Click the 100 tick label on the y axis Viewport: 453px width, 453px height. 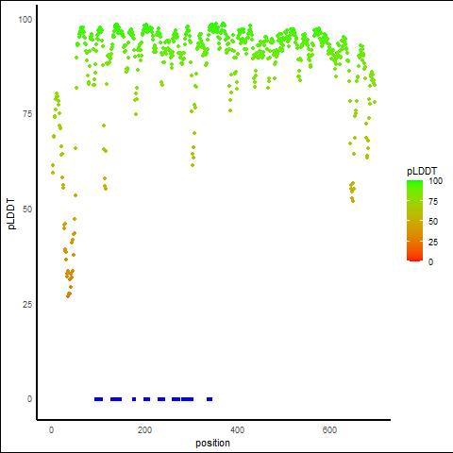click(x=25, y=20)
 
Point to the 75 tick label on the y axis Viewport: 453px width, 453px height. click(x=27, y=114)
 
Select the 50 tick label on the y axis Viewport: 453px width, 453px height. click(x=27, y=210)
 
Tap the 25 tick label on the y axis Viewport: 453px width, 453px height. click(x=27, y=304)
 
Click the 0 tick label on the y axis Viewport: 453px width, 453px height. click(x=29, y=399)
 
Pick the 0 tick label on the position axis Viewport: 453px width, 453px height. click(x=51, y=429)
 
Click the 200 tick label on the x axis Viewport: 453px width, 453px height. click(x=144, y=429)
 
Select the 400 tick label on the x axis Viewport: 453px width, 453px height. click(x=237, y=429)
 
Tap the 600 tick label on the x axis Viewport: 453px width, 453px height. click(x=329, y=429)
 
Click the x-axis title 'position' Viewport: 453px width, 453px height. click(x=212, y=443)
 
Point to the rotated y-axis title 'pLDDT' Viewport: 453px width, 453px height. click(x=11, y=214)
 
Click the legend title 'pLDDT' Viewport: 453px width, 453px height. click(x=422, y=171)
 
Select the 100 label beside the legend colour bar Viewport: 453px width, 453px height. click(x=435, y=181)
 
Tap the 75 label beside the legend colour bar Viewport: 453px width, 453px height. click(x=433, y=202)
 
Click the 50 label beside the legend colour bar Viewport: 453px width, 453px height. click(x=433, y=222)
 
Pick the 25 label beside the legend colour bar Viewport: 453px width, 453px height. click(x=433, y=243)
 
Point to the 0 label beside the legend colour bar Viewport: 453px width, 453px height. click(x=430, y=262)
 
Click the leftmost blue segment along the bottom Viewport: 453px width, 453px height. click(x=99, y=399)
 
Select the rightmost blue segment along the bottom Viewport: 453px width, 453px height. click(x=210, y=399)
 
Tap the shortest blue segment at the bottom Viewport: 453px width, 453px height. click(x=134, y=399)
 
